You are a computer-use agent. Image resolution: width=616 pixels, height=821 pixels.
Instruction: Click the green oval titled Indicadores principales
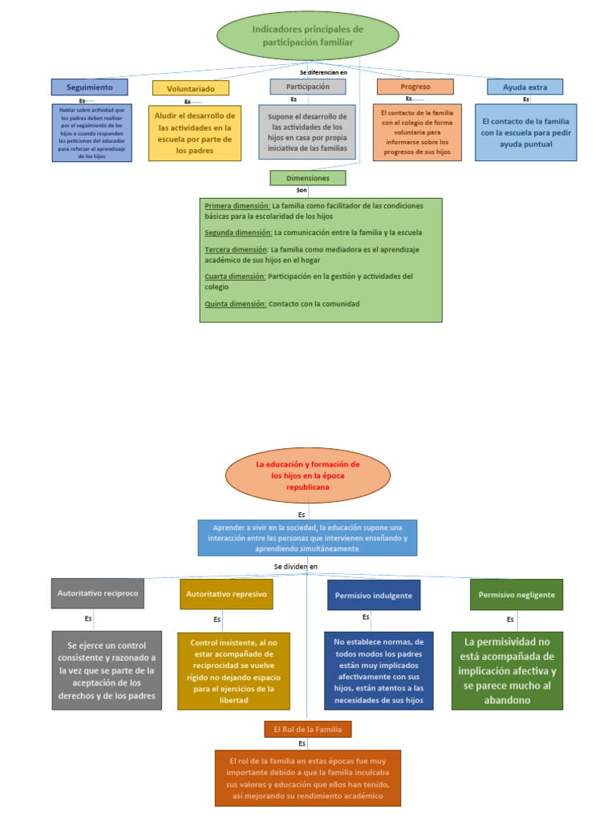307,35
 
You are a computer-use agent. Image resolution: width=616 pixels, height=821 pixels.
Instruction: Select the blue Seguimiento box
89,87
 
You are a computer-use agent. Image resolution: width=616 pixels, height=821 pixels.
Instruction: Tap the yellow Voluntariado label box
190,87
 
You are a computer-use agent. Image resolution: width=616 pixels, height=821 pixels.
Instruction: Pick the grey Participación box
307,86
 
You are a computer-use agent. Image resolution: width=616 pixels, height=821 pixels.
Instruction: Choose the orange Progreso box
415,87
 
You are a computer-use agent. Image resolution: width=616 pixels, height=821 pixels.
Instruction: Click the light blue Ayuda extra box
525,87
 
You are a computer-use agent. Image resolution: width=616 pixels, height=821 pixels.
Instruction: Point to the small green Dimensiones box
308,178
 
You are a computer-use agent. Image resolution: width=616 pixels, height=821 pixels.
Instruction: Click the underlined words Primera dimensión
237,206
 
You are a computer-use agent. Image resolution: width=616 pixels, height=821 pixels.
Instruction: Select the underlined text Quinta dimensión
235,304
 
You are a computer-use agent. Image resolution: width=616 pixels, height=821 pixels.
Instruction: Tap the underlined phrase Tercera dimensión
236,249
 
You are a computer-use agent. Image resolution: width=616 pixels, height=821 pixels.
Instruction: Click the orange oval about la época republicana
307,475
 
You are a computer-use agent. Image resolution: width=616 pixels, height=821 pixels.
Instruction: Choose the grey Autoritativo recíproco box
98,593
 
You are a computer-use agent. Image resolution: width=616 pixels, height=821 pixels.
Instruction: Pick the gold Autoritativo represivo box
225,594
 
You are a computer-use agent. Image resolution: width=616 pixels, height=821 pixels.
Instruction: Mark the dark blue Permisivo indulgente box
374,596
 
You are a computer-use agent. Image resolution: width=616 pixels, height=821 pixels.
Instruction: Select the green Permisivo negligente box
517,595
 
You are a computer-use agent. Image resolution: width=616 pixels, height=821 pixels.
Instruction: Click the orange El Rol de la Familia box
308,729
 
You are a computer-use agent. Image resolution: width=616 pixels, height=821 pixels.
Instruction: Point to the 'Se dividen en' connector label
296,567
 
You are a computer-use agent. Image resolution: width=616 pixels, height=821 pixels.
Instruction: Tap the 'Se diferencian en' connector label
323,73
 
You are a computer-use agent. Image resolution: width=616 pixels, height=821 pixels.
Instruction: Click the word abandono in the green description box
507,699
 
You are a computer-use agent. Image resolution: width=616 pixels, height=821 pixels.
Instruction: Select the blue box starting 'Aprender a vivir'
307,538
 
